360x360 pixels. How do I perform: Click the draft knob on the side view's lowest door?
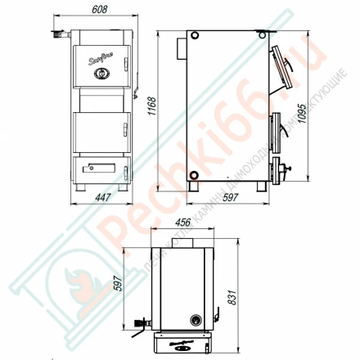click(x=285, y=170)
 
